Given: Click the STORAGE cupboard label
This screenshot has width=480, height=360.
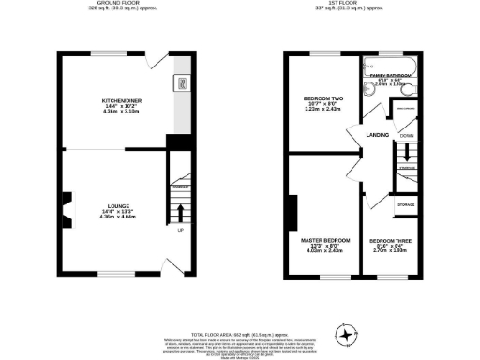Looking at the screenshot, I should click(406, 203).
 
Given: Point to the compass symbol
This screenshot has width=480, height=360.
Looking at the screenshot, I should click(349, 334).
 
